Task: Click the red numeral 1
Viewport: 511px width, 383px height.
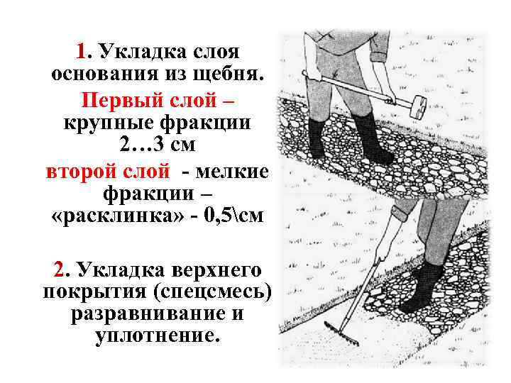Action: click(x=81, y=52)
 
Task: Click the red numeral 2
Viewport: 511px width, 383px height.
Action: click(x=60, y=270)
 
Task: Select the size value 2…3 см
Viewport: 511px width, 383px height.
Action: click(x=158, y=145)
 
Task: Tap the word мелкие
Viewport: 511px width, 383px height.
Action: click(x=232, y=172)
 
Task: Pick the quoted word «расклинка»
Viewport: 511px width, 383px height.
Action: click(x=118, y=216)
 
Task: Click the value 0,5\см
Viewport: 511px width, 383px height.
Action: click(x=233, y=215)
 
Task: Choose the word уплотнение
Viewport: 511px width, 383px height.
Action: click(x=158, y=335)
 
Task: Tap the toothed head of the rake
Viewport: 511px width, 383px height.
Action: click(x=341, y=333)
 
